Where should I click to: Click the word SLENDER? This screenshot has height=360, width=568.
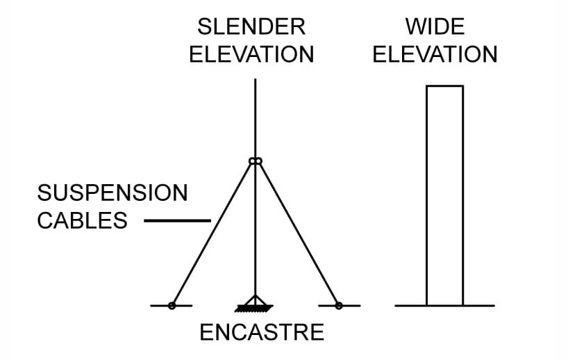click(x=251, y=27)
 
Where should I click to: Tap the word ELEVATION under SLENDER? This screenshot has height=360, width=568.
click(x=251, y=54)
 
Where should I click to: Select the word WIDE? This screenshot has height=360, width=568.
click(x=435, y=27)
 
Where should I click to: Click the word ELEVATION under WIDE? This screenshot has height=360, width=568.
click(x=435, y=54)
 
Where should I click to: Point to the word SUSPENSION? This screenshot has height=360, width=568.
click(x=112, y=193)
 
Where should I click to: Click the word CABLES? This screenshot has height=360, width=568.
click(x=82, y=220)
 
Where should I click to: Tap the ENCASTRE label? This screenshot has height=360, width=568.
click(x=262, y=332)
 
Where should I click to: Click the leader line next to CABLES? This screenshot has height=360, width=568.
click(x=178, y=220)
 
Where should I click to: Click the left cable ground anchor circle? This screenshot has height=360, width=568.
click(x=172, y=306)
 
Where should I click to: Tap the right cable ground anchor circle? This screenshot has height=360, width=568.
click(x=339, y=306)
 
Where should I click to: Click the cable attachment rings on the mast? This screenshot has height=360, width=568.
click(x=256, y=161)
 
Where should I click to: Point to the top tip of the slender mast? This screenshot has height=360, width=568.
click(x=256, y=79)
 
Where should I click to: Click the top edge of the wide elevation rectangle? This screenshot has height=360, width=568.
click(x=445, y=86)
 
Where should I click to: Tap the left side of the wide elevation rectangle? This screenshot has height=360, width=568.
click(x=427, y=196)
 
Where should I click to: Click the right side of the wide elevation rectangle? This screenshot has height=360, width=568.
click(x=463, y=196)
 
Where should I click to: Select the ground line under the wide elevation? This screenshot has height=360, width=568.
click(x=445, y=306)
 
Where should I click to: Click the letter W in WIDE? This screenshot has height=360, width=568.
click(x=415, y=27)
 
